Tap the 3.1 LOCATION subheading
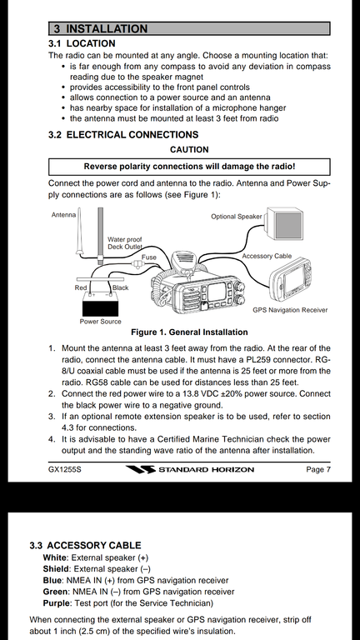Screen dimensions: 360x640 [82, 43]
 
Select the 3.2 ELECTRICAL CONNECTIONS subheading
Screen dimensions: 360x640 [123, 135]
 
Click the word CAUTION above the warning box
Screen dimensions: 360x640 [189, 150]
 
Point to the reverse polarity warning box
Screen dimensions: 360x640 [189, 167]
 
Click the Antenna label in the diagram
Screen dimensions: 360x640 [63, 215]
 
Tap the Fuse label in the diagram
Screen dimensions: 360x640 [148, 257]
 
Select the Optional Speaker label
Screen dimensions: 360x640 [237, 217]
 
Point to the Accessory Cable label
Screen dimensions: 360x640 [267, 256]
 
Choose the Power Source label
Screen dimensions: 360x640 [100, 321]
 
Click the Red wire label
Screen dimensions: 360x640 [81, 287]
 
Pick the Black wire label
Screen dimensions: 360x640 [120, 287]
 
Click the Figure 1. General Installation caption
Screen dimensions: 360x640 [189, 332]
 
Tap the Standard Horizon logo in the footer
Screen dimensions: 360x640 [190, 469]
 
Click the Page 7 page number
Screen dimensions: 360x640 [318, 469]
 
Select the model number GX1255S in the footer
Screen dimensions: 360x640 [64, 469]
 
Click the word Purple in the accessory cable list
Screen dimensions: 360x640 [55, 602]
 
